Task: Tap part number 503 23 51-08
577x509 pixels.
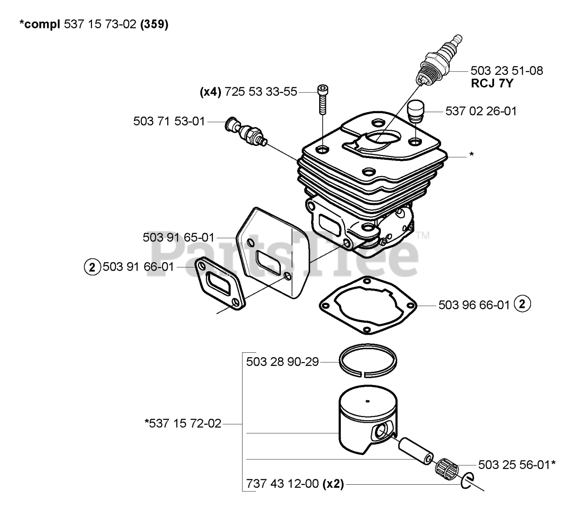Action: click(x=506, y=71)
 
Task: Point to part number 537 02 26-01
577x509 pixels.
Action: click(x=481, y=111)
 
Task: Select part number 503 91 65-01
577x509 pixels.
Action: click(x=179, y=237)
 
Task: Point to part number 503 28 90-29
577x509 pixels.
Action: click(x=282, y=362)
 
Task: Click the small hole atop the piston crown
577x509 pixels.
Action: click(x=368, y=401)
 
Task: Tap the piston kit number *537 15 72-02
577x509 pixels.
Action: click(x=183, y=424)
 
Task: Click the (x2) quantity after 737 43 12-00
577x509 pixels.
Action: click(x=333, y=484)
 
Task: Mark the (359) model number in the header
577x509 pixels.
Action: click(x=154, y=25)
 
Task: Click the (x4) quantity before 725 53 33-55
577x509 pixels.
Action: click(x=210, y=92)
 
